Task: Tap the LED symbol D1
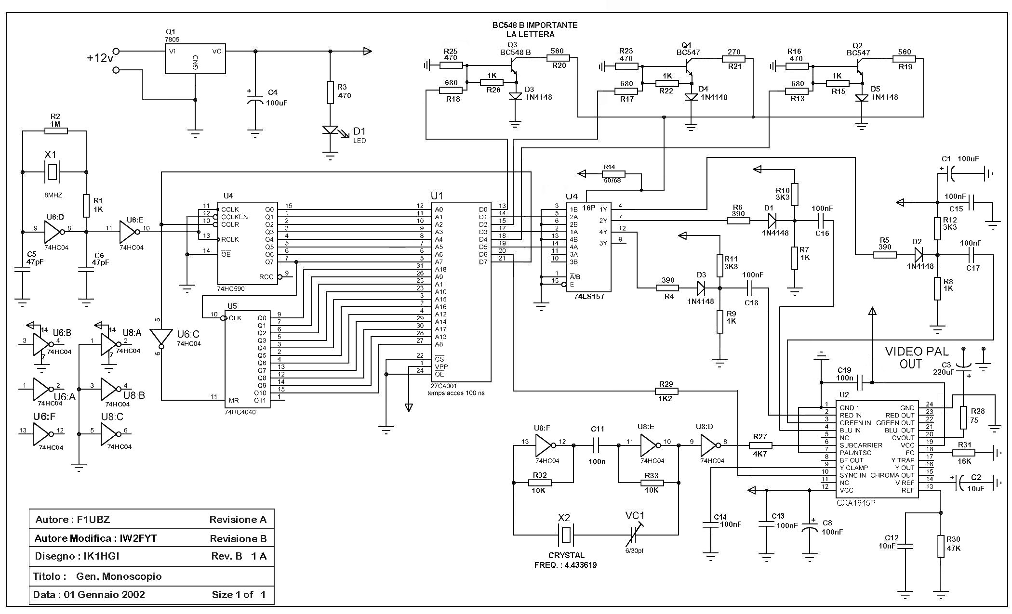coord(331,130)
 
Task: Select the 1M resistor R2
coord(55,130)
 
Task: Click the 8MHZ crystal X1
coord(52,172)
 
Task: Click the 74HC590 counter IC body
coord(247,243)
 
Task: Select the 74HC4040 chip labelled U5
coord(247,359)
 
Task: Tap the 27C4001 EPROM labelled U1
coord(461,292)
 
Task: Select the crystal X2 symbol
coord(567,535)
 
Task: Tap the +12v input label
coord(100,58)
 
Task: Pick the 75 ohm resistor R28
coord(963,417)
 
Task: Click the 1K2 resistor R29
coord(666,391)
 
